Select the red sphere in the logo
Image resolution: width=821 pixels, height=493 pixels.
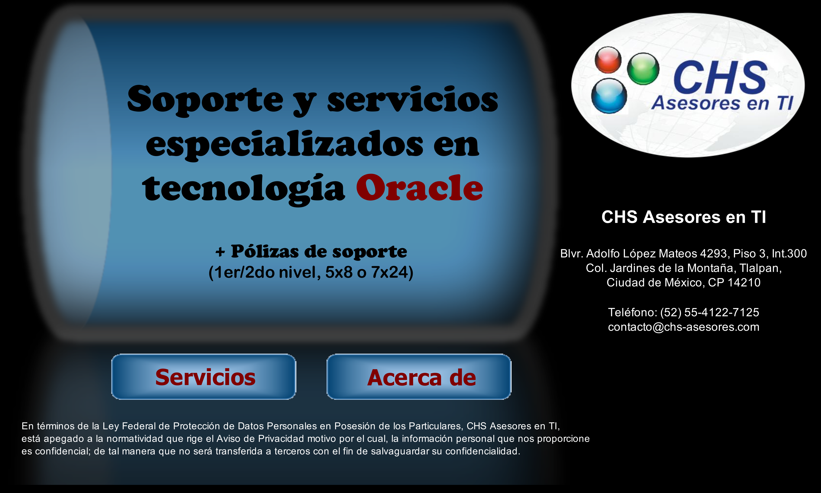(x=608, y=60)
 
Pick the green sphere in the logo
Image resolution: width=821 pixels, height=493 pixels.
(x=643, y=69)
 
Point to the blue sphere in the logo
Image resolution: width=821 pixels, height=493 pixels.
(x=609, y=96)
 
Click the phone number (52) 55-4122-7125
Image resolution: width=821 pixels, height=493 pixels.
(x=710, y=312)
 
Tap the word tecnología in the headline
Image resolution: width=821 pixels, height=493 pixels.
(x=244, y=189)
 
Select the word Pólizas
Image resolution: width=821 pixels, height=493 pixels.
(x=265, y=251)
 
